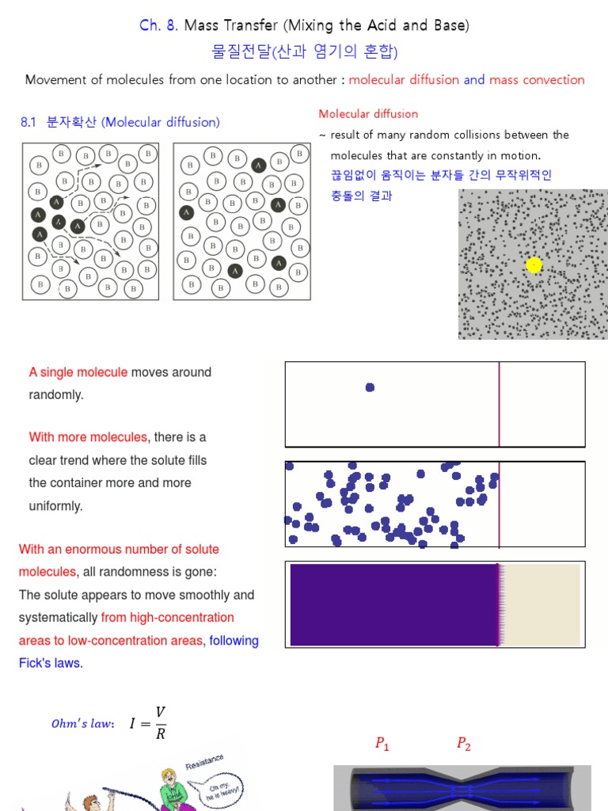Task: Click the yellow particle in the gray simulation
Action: pos(534,265)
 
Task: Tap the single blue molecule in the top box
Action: pos(370,387)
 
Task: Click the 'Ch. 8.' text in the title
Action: pos(159,25)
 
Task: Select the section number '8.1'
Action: pos(28,122)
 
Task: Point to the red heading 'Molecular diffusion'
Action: pos(368,114)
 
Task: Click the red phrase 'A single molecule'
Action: pos(78,372)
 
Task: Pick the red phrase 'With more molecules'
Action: pos(88,437)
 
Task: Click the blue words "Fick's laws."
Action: pos(51,663)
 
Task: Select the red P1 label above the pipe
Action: pos(382,744)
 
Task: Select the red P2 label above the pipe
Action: pos(463,744)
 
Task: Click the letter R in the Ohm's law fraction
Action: pos(161,734)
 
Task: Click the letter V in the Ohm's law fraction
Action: pos(161,713)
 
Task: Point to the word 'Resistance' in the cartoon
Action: pos(204,762)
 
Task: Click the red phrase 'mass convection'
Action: pos(537,79)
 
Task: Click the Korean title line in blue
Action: pos(305,52)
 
